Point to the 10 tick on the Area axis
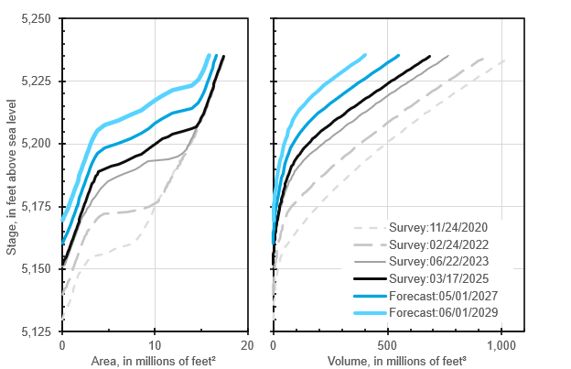tap(155, 344)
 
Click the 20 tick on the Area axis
tap(247, 344)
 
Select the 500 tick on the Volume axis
tap(387, 344)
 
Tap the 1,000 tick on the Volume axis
tap(501, 344)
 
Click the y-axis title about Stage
tap(12, 175)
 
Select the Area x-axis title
tap(155, 360)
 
